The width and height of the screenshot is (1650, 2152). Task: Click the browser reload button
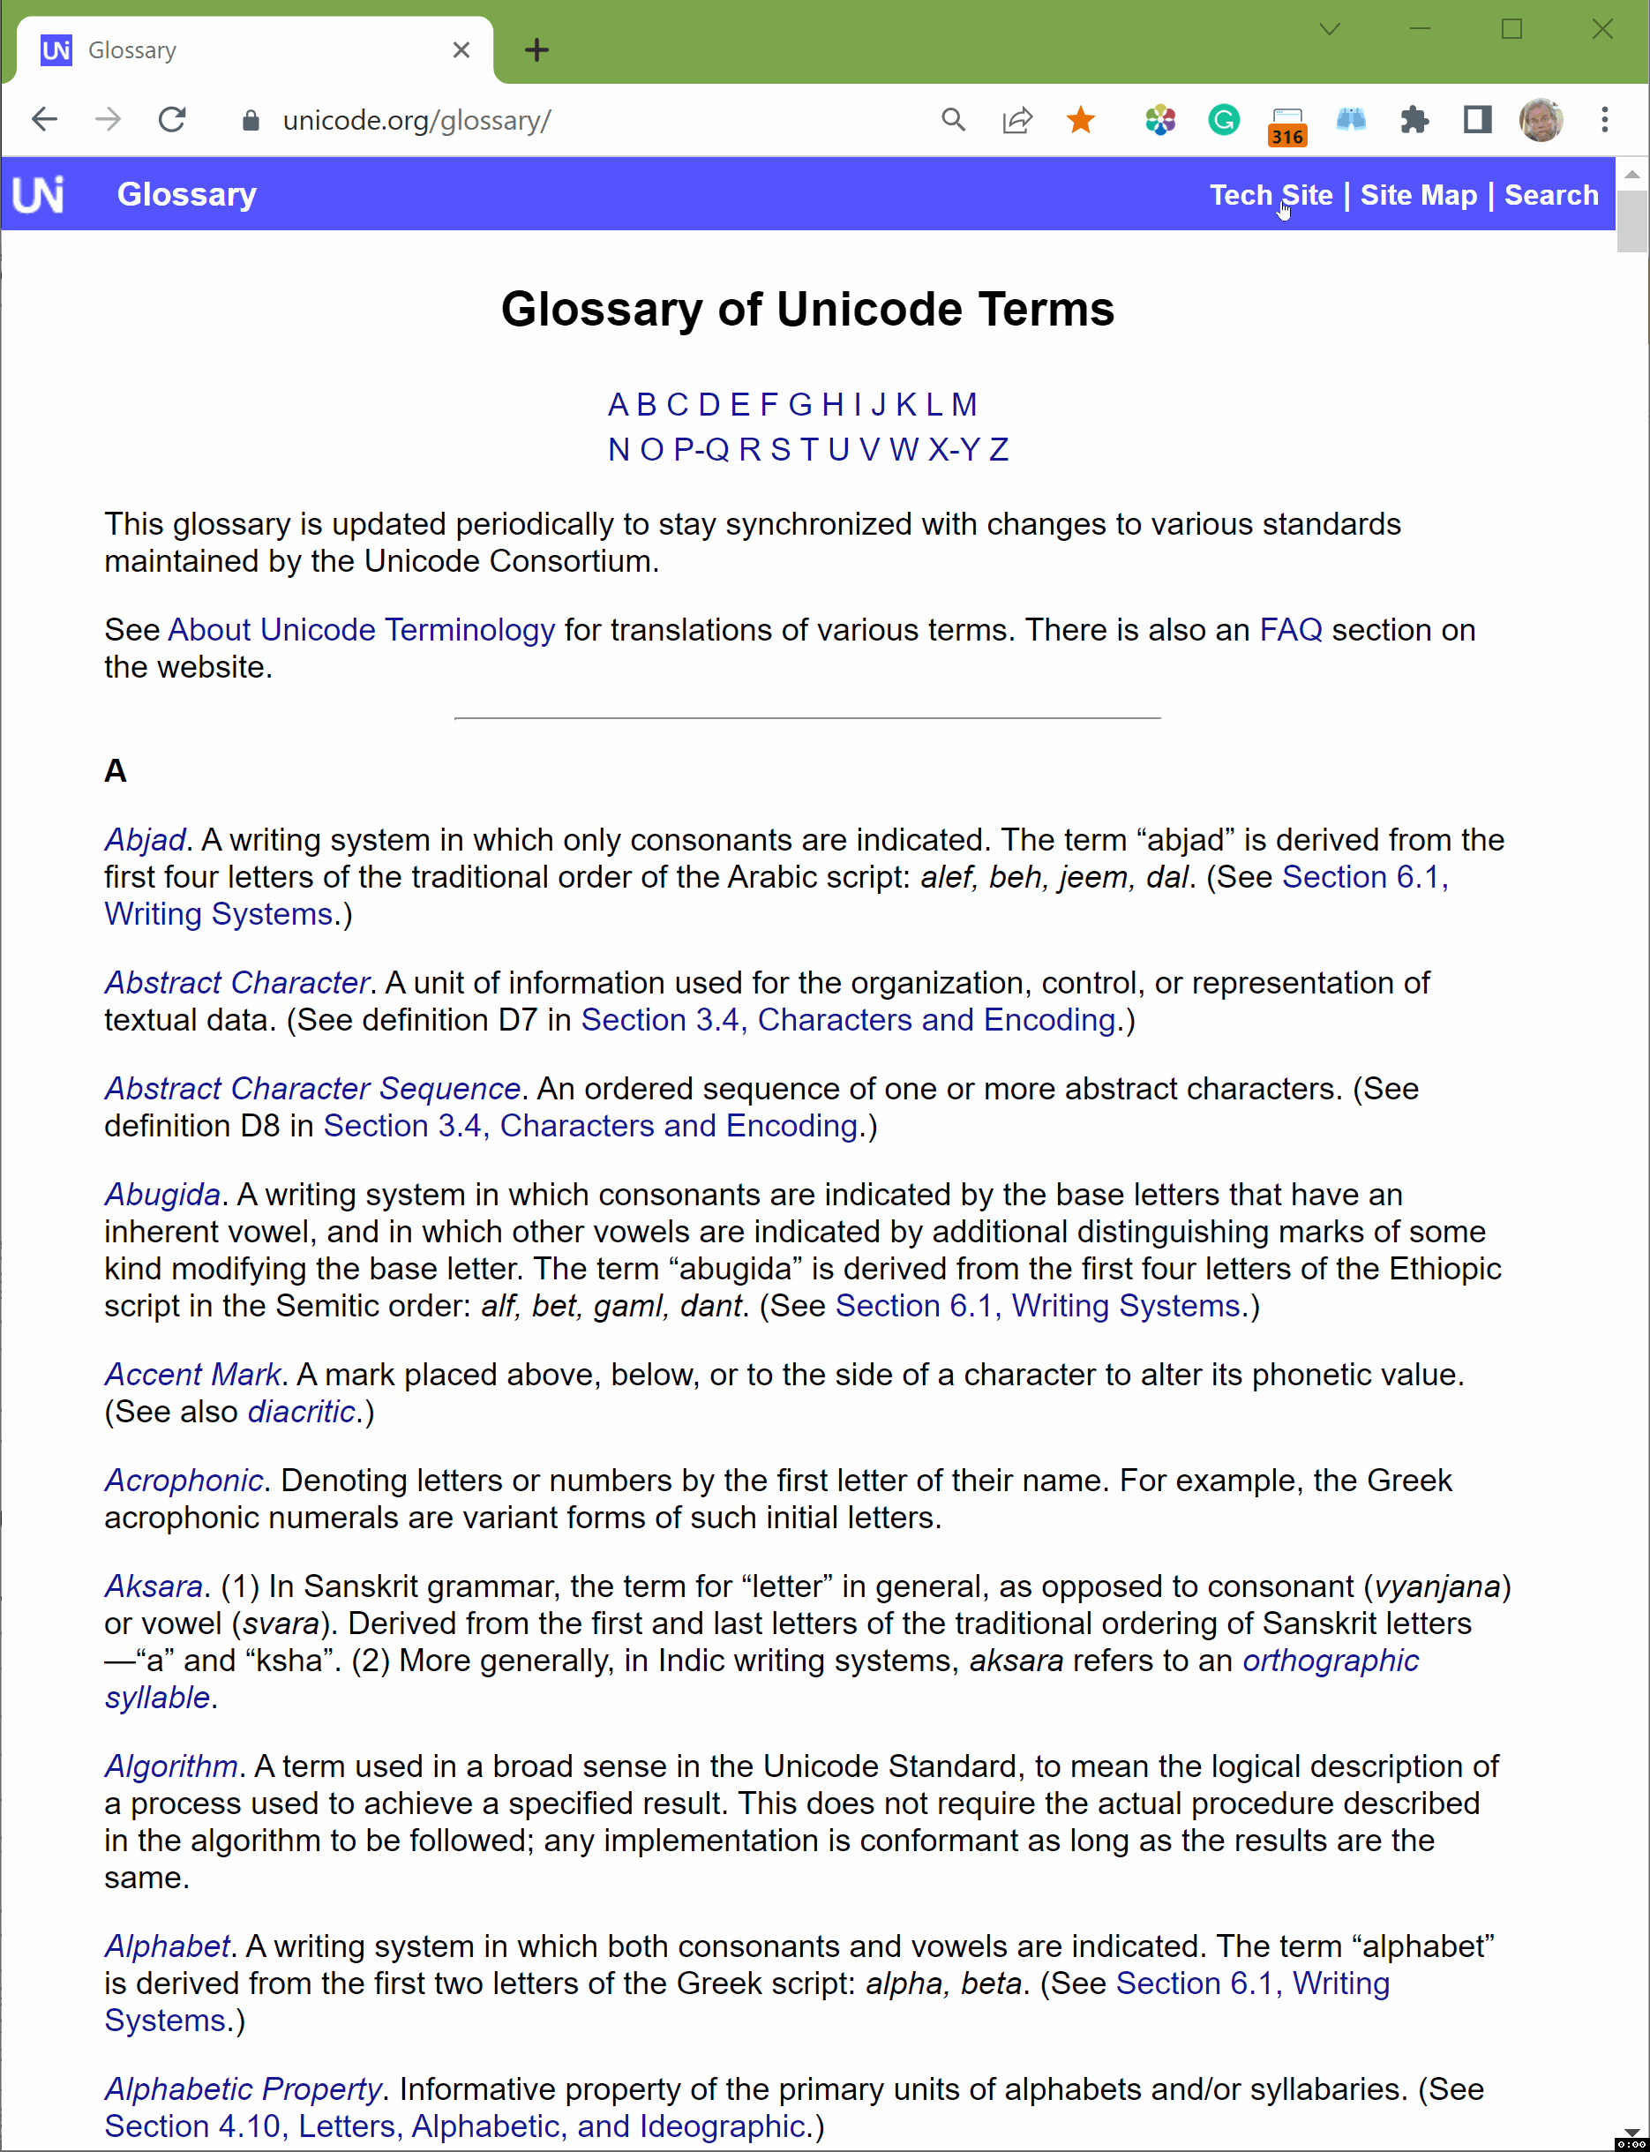172,120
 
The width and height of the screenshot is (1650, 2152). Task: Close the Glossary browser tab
461,50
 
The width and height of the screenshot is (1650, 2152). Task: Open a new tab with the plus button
536,50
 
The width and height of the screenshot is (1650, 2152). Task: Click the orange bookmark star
1080,120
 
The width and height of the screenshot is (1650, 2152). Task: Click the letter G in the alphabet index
799,404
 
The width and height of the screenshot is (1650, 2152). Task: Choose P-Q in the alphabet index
701,449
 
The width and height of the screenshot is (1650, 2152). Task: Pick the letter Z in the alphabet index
998,449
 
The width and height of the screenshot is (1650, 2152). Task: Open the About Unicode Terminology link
362,630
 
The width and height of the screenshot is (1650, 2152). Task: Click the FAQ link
1291,630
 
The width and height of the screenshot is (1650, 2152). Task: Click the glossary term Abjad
146,840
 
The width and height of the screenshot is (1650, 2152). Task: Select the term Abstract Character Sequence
312,1088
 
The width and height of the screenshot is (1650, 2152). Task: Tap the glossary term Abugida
162,1195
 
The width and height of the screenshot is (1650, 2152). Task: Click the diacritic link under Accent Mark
302,1412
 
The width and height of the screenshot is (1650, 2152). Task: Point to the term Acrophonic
184,1481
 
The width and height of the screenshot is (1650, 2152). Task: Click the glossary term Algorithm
171,1766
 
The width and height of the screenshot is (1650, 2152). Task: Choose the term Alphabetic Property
243,2089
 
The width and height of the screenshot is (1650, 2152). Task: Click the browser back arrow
45,120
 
